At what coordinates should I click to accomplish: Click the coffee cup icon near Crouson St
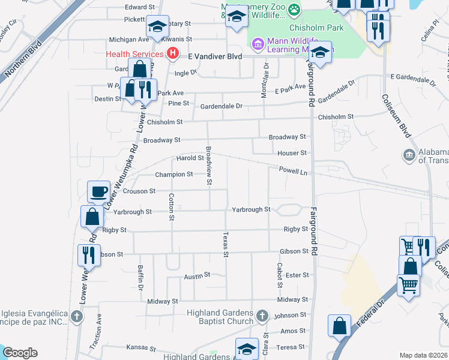(x=99, y=192)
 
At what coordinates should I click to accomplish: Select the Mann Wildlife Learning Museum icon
(x=258, y=44)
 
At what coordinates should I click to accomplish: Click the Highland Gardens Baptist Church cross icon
(x=262, y=316)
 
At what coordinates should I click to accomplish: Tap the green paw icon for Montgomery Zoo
(x=294, y=8)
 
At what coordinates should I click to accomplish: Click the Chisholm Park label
(x=315, y=28)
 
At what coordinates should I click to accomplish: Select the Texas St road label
(x=226, y=244)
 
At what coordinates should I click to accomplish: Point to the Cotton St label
(x=172, y=206)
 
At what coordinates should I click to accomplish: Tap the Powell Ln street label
(x=292, y=171)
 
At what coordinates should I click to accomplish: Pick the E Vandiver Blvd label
(x=215, y=55)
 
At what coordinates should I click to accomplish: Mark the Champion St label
(x=173, y=175)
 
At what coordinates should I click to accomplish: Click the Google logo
(x=19, y=352)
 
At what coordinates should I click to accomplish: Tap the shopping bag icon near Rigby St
(x=92, y=217)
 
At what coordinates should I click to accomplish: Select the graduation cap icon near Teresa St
(x=247, y=349)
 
